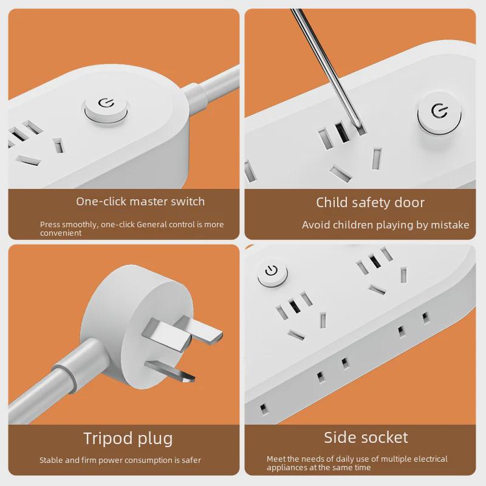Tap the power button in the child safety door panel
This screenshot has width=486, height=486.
440,112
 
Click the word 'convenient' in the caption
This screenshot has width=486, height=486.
61,233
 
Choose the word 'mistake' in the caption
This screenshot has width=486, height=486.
450,225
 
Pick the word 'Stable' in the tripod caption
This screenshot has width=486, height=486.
51,460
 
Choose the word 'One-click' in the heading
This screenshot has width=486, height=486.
101,202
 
